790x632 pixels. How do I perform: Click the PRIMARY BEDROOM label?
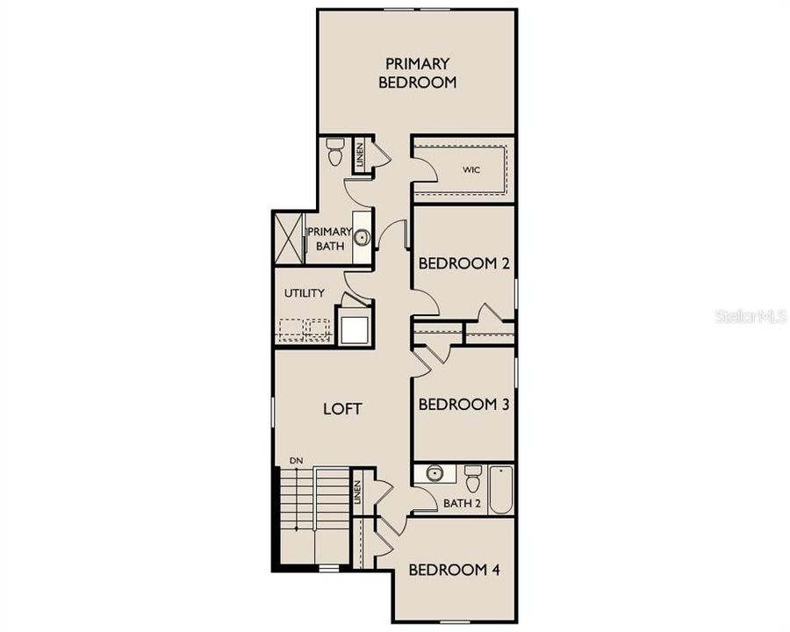click(x=418, y=73)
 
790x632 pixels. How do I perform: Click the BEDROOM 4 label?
click(x=454, y=570)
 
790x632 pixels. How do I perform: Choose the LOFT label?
click(x=342, y=408)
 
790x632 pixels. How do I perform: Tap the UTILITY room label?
click(x=305, y=293)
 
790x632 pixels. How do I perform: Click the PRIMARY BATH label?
click(x=328, y=239)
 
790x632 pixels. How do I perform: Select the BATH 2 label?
click(x=461, y=503)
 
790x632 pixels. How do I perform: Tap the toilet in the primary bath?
click(x=334, y=153)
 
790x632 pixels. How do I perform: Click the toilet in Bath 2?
click(x=473, y=479)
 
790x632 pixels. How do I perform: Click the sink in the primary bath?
click(x=361, y=236)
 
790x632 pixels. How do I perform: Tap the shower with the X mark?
click(x=289, y=237)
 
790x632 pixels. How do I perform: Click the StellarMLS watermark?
click(x=750, y=316)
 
